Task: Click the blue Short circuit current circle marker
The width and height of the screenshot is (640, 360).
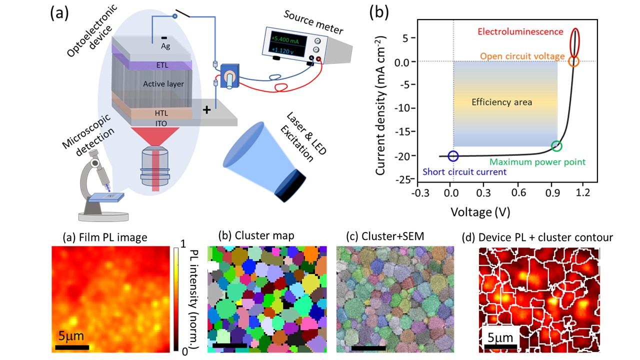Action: (x=453, y=156)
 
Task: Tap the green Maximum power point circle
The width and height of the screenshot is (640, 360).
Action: (x=556, y=146)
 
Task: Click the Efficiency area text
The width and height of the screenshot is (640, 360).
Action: (x=501, y=102)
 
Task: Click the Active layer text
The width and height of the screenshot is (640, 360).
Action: (x=163, y=84)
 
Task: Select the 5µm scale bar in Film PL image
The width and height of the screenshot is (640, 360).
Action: (x=72, y=346)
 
